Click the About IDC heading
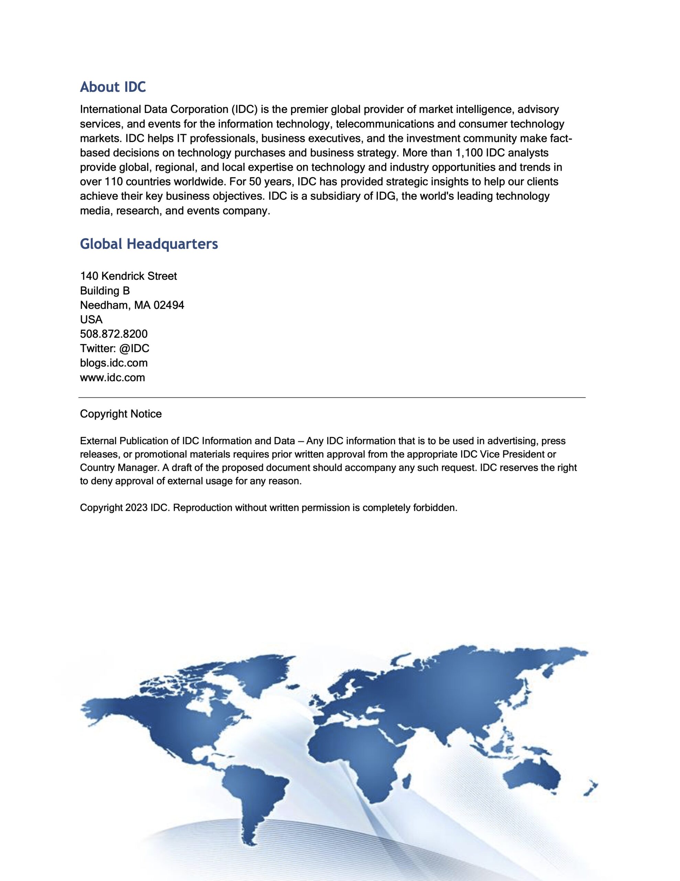click(113, 87)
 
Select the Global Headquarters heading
click(149, 244)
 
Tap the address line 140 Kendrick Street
click(128, 276)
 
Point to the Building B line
click(105, 290)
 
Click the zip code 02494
click(169, 305)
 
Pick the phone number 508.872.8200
click(114, 334)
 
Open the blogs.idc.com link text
click(114, 363)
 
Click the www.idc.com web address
click(112, 378)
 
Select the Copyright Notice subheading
click(121, 414)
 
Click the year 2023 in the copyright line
click(136, 508)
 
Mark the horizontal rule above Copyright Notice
click(332, 397)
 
